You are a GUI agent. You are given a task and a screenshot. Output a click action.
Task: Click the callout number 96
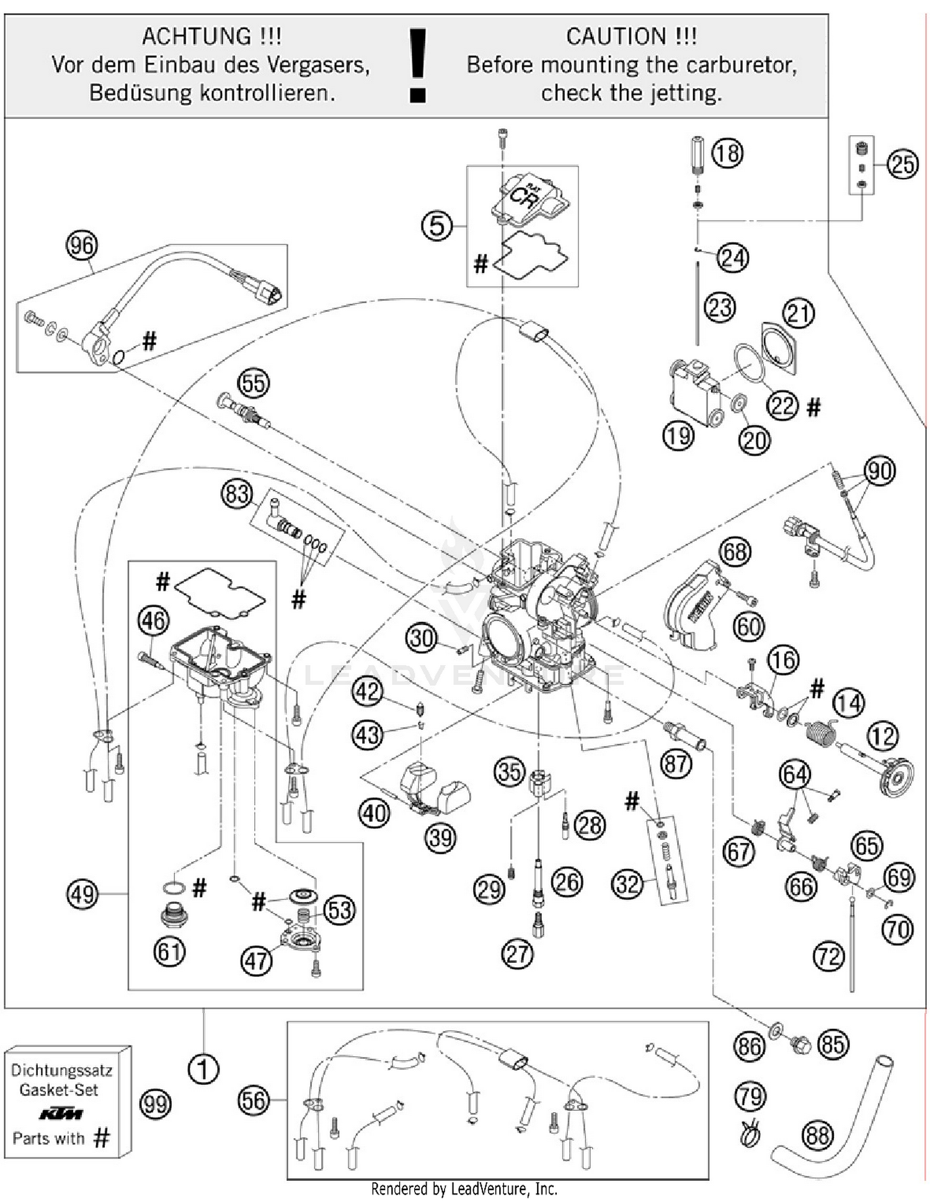click(82, 246)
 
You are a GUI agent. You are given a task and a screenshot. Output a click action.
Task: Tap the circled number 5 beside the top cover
click(437, 226)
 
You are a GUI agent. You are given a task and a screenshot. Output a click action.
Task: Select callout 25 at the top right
click(902, 165)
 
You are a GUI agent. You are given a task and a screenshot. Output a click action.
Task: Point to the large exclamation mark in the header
click(418, 65)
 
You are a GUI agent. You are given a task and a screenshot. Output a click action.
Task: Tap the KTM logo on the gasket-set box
click(61, 1115)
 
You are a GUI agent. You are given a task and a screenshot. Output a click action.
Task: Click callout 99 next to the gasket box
click(155, 1104)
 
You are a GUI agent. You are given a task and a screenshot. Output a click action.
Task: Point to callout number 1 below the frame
click(203, 1069)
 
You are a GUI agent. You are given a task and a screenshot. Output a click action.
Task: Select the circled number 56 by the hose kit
click(254, 1101)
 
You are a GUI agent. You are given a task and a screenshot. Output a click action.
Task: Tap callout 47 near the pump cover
click(256, 961)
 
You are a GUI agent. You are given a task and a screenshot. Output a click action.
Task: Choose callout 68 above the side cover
click(735, 552)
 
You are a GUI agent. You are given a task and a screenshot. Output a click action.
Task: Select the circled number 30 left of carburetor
click(422, 638)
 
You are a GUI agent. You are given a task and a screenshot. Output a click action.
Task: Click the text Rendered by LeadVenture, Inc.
click(464, 1189)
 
